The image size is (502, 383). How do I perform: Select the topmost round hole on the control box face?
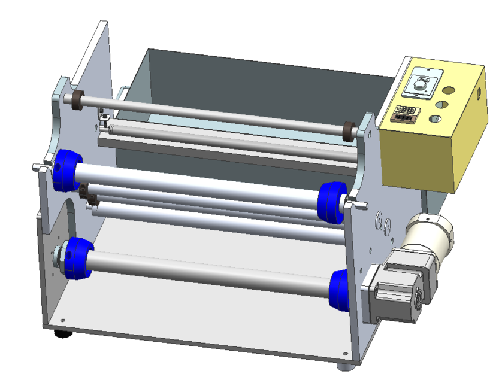[x=449, y=91]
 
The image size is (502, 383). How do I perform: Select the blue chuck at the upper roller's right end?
[x=332, y=200]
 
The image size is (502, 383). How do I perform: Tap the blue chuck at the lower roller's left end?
[x=78, y=257]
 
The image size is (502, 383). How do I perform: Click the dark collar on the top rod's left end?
[x=77, y=101]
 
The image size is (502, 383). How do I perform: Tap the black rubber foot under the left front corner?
[x=61, y=333]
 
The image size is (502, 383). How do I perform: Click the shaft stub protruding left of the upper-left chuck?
[x=40, y=167]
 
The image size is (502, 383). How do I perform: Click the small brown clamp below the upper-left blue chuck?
[x=84, y=193]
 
